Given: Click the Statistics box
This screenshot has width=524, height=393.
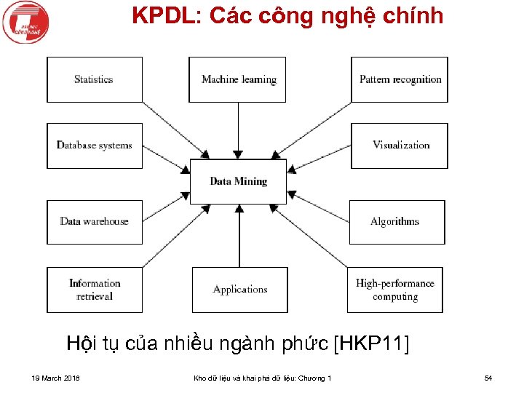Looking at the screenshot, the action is click(95, 79).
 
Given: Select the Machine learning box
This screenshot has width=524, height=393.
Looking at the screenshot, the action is click(237, 79).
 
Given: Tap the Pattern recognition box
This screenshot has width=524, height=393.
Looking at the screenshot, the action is click(400, 79).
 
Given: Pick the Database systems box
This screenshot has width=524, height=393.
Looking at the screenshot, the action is click(95, 146).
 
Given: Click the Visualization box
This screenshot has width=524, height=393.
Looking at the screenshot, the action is click(400, 146).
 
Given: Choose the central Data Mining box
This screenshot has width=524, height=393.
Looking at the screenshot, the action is click(238, 181).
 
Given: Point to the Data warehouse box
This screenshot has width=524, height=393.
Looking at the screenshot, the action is click(95, 221).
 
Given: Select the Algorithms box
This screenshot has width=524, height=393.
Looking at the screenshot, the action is click(397, 221).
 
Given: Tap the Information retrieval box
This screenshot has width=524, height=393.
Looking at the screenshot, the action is click(95, 290).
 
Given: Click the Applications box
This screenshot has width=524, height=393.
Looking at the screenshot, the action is click(239, 290).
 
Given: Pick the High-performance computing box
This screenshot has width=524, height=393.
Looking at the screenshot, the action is click(394, 290).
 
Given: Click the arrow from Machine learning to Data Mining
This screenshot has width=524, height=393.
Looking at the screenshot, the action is click(239, 130).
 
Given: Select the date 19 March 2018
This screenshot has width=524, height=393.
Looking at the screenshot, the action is click(56, 378).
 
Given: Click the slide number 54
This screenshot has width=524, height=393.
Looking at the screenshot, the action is click(488, 378).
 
